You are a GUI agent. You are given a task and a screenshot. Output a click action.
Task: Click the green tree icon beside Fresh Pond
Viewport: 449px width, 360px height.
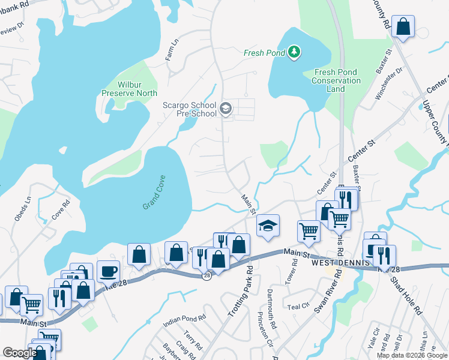(x=294, y=53)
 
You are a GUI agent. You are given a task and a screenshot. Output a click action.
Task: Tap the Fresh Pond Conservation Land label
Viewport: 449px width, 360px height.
(x=337, y=80)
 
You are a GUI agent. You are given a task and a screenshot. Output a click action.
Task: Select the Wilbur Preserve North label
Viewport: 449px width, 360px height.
(x=129, y=89)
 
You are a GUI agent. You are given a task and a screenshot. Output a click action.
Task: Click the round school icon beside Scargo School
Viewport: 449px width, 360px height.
(x=226, y=109)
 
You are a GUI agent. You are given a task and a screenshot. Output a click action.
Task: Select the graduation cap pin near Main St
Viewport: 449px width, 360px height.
(x=268, y=226)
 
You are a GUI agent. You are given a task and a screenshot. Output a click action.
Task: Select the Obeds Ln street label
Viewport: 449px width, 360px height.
(x=22, y=208)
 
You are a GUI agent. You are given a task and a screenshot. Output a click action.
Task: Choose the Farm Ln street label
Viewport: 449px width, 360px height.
(x=172, y=50)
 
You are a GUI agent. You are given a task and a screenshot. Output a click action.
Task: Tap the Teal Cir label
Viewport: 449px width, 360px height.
(x=298, y=306)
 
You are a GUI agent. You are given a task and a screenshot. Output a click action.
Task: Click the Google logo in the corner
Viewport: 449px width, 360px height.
(x=20, y=353)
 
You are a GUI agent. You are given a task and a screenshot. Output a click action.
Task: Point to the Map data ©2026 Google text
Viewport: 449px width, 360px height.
(x=411, y=355)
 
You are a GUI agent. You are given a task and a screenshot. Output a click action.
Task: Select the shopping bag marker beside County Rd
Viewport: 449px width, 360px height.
(x=403, y=26)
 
